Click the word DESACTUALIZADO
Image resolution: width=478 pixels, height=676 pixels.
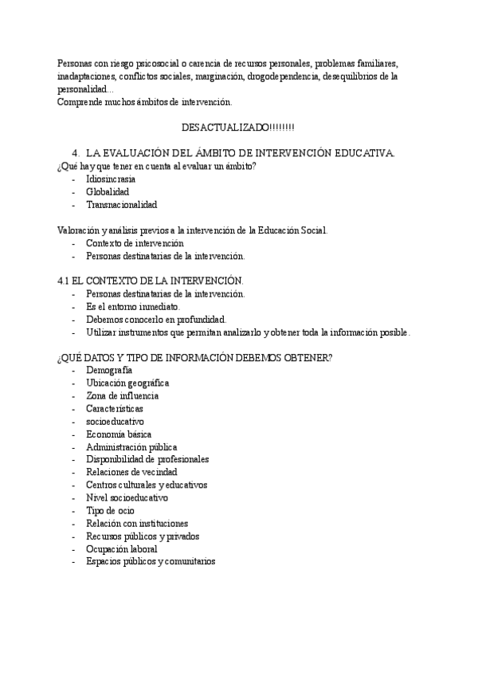click(225, 128)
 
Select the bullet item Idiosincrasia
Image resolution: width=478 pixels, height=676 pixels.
click(111, 179)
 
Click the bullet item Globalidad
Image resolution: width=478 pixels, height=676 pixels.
click(108, 191)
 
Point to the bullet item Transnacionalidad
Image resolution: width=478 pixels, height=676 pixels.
click(122, 204)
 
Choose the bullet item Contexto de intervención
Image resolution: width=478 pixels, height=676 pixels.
click(135, 243)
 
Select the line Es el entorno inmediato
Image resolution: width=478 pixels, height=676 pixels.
click(133, 307)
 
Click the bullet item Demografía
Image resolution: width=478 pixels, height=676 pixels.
click(109, 370)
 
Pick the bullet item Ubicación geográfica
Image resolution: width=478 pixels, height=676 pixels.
click(127, 383)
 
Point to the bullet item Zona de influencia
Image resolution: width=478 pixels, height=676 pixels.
click(122, 395)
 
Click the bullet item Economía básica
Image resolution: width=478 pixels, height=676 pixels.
click(119, 434)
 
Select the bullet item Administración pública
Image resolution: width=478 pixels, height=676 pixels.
click(131, 447)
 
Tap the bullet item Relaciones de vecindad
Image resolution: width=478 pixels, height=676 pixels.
click(131, 472)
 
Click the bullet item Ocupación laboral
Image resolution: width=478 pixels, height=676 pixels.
click(121, 548)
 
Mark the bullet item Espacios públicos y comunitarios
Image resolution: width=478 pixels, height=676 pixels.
click(151, 561)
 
